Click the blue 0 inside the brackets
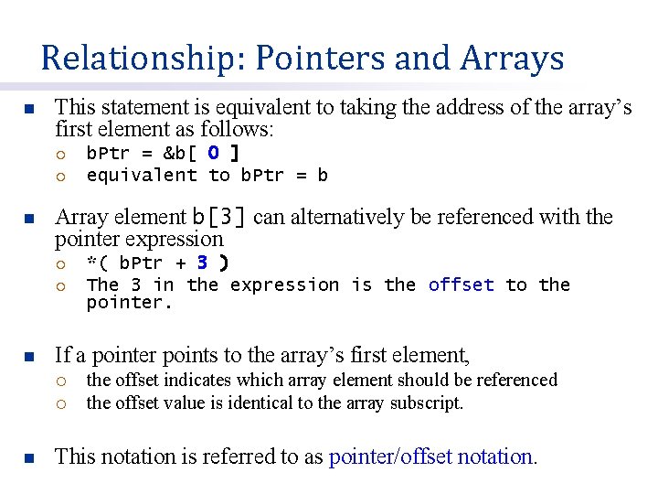212,153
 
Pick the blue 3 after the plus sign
202,263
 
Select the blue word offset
461,285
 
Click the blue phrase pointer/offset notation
432,456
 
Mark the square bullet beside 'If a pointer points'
28,355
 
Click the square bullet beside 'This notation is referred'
28,456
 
